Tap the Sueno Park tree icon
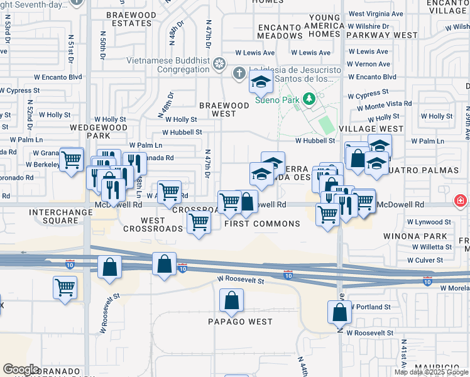309,99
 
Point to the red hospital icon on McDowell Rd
461,201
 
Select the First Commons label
262,224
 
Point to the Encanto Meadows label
280,31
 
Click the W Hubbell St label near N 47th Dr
182,133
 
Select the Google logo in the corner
20,369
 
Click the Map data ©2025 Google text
432,372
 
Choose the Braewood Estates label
131,19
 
